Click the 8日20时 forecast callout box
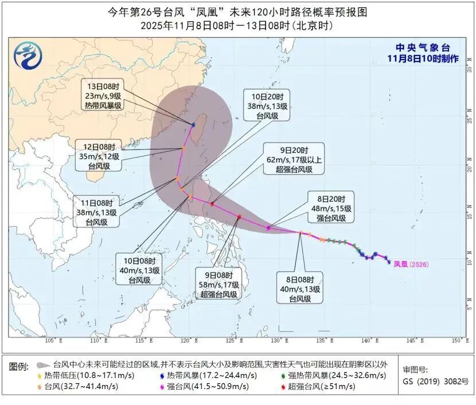329,207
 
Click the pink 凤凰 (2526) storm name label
411,264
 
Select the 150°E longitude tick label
458,341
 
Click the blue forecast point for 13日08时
193,124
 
